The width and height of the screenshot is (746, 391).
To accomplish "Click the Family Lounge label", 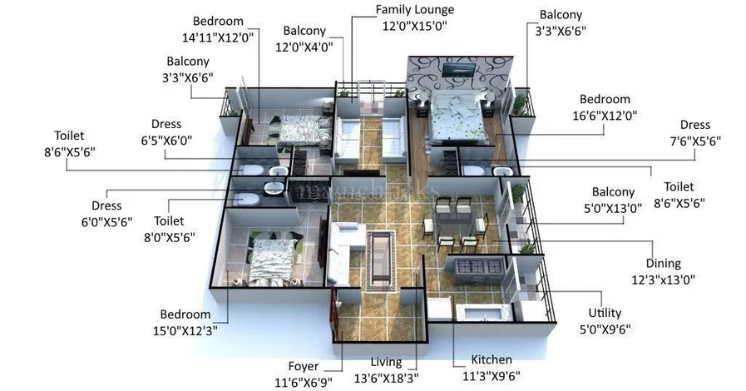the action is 415,9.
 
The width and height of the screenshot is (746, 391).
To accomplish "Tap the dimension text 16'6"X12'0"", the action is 605,116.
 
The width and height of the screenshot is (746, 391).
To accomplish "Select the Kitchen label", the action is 492,359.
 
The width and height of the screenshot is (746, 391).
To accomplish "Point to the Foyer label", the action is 304,366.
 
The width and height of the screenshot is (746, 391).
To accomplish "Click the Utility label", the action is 605,313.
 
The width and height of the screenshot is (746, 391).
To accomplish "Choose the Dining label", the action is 663,263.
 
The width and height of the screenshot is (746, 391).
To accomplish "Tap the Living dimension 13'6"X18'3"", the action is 387,379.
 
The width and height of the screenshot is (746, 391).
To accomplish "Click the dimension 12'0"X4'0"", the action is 304,47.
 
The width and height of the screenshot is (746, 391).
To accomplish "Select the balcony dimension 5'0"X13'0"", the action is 613,208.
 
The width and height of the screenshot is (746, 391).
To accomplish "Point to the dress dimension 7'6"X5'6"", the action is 695,141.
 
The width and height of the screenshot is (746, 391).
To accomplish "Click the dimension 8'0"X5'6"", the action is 170,237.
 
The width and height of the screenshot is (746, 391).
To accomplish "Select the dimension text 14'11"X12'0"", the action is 218,37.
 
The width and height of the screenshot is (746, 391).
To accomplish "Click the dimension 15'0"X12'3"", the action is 185,330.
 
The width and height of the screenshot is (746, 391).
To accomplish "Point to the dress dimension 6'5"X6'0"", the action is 166,141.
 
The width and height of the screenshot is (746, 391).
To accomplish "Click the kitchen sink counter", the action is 484,313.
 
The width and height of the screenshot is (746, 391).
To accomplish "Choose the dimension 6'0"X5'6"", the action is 106,222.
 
